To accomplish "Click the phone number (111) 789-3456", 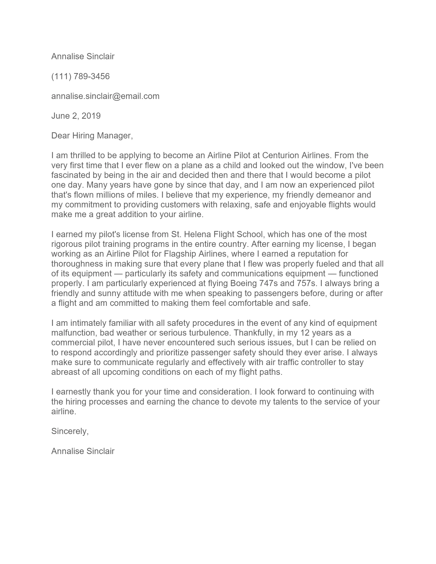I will coord(80,76).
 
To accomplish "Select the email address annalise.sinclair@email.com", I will coord(105,96).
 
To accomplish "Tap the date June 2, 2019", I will coord(76,116).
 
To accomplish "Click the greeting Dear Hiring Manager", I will coord(92,136).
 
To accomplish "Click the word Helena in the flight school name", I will coord(197,234).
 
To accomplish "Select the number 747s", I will coord(267,284).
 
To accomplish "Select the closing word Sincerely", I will coord(70,431).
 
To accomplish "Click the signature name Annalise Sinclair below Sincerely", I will coord(83,451).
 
